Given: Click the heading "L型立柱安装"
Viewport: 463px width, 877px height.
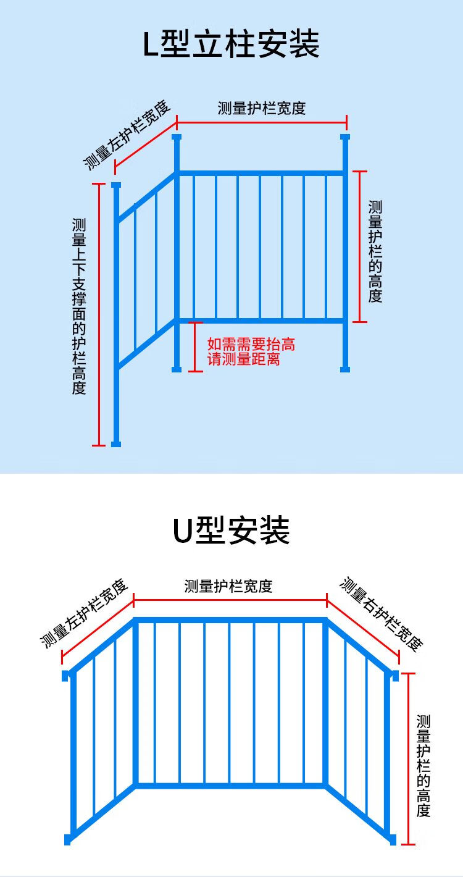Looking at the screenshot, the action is coord(231,44).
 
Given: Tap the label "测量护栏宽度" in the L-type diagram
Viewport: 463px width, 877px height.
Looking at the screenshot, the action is coord(261,108).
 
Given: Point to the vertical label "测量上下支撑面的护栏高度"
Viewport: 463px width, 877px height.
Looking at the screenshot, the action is coord(78,306).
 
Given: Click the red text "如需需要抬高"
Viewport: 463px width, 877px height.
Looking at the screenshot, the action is coord(251,344).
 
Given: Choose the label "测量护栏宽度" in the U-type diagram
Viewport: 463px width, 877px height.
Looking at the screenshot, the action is coord(228,586).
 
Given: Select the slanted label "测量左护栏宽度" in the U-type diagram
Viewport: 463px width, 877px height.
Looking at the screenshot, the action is coord(84,613).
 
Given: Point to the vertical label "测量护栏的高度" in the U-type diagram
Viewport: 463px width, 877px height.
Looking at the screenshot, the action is coord(423,766).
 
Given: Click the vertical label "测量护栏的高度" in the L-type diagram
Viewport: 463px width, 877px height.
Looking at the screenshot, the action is coord(375,251).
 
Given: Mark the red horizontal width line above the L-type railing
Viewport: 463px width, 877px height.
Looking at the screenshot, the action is coord(261,122).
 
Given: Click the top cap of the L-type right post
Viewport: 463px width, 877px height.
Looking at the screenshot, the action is coord(345,137).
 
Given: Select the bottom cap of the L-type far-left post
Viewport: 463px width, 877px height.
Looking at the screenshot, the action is coord(116,444).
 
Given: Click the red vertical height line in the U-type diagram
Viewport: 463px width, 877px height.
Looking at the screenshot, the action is coord(408,759).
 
